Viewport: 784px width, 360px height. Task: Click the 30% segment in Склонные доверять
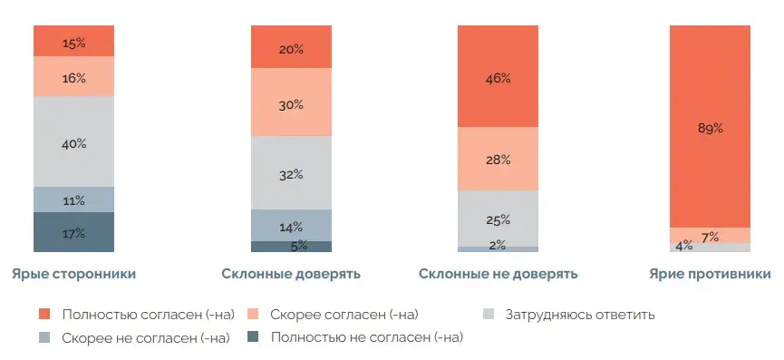291,103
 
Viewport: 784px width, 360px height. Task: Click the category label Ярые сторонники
73,273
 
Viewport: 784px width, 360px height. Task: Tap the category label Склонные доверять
291,273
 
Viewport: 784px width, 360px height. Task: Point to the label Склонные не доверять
498,273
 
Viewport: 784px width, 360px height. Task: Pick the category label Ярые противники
710,273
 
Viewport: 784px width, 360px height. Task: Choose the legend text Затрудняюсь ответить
581,315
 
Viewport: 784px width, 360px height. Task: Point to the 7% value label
710,238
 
